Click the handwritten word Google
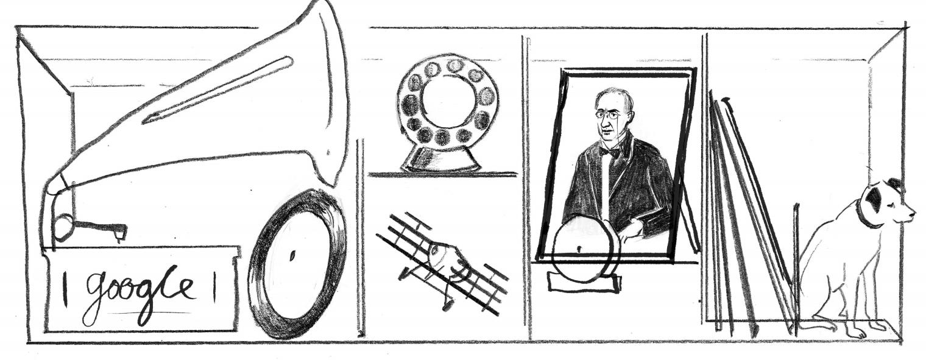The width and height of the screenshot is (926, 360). click(138, 294)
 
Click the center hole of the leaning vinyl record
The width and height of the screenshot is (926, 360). click(292, 256)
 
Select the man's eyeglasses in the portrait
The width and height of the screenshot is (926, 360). click(608, 116)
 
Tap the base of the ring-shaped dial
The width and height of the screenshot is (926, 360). click(440, 160)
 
